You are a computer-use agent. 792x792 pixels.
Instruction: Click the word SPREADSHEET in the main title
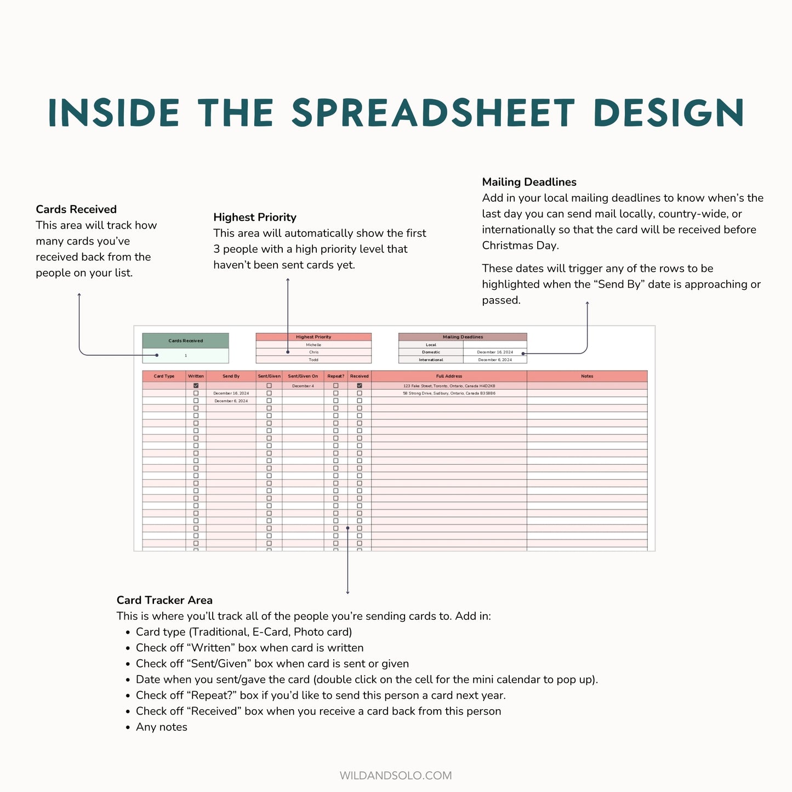pyautogui.click(x=433, y=113)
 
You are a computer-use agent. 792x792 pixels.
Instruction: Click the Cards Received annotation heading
pyautogui.click(x=76, y=209)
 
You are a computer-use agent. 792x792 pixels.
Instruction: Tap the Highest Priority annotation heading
pyautogui.click(x=255, y=217)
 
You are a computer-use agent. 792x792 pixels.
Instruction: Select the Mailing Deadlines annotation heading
pyautogui.click(x=529, y=182)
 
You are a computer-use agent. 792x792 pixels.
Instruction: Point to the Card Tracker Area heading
pyautogui.click(x=164, y=600)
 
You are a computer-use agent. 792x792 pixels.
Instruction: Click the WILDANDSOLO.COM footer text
pyautogui.click(x=396, y=776)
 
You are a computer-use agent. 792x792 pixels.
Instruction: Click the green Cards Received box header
pyautogui.click(x=185, y=341)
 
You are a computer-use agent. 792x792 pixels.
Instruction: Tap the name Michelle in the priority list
pyautogui.click(x=314, y=345)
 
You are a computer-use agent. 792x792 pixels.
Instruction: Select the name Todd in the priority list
pyautogui.click(x=314, y=360)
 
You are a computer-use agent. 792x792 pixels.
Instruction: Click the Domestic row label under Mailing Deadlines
pyautogui.click(x=431, y=352)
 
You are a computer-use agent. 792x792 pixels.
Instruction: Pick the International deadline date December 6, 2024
pyautogui.click(x=495, y=360)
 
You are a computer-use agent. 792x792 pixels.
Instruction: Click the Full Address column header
pyautogui.click(x=449, y=376)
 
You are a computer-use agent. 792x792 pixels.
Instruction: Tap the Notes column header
pyautogui.click(x=587, y=376)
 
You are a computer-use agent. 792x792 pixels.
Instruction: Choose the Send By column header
pyautogui.click(x=231, y=376)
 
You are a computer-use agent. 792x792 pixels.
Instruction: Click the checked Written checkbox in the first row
pyautogui.click(x=196, y=386)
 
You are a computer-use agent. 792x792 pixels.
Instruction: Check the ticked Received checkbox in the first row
pyautogui.click(x=360, y=386)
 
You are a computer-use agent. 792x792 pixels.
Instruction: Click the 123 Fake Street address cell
pyautogui.click(x=449, y=386)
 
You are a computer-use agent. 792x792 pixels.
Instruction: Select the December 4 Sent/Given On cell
pyautogui.click(x=303, y=386)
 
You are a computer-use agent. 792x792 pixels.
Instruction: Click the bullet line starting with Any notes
pyautogui.click(x=162, y=727)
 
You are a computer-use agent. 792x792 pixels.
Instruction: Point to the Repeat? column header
pyautogui.click(x=335, y=376)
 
